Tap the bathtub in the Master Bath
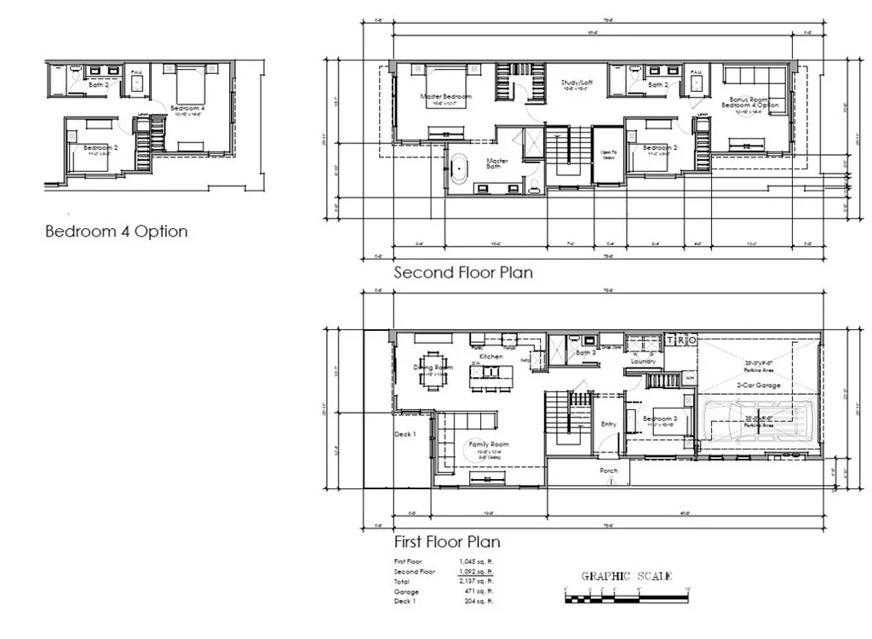pos(459,168)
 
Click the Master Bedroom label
pos(446,96)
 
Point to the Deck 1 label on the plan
pos(404,435)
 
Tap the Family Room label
pos(488,444)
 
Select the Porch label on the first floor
pos(609,470)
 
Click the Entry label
pos(609,424)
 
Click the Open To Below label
pos(608,154)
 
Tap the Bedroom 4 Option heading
pos(117,231)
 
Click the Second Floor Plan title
pos(463,273)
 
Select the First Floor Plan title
pos(447,541)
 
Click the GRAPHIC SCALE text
pos(626,576)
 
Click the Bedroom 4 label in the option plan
pos(187,108)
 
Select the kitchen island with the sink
pos(490,373)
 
